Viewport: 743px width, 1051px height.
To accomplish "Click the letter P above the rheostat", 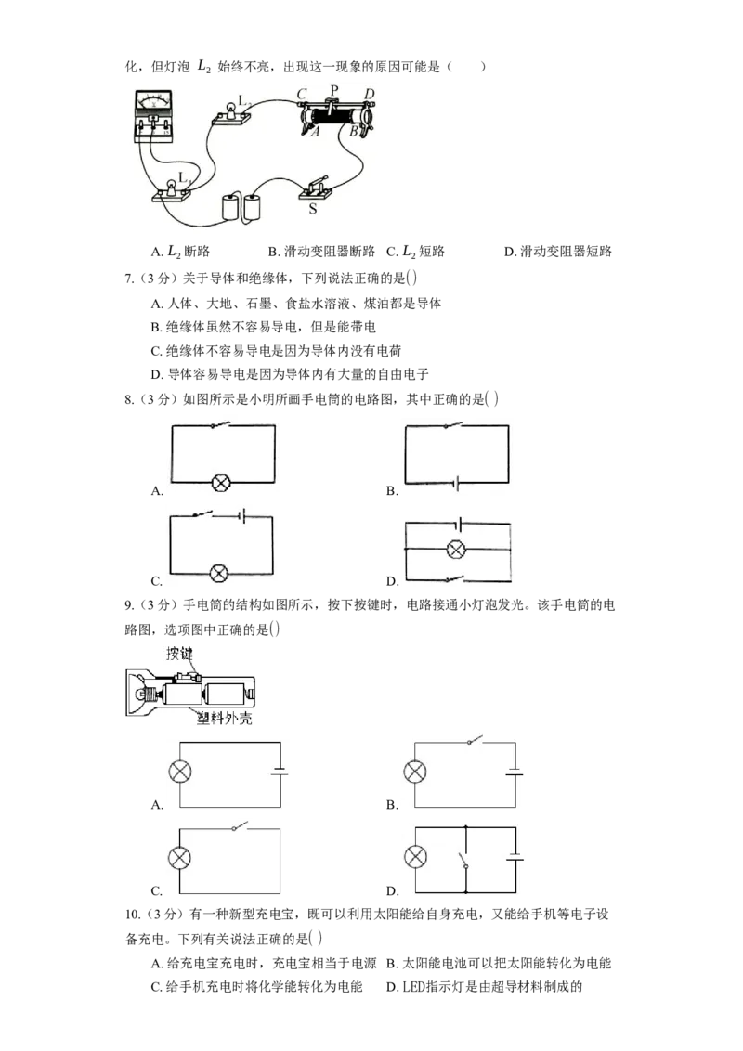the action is coord(334,90).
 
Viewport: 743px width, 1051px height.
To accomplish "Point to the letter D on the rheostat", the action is coord(369,94).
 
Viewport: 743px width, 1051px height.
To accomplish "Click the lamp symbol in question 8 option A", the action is coord(221,482).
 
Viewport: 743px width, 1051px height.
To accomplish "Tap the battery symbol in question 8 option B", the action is coord(457,483).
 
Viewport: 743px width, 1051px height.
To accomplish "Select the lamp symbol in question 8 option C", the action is coord(219,574).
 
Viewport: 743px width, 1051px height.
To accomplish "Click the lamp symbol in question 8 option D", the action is coord(456,550).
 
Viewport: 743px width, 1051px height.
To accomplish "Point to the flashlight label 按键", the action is coord(179,653).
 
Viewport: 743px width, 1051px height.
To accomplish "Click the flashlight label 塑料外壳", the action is coord(224,718).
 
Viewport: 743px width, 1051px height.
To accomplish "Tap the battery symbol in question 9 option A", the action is coord(280,772).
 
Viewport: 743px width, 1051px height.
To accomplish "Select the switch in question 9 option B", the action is coord(476,740).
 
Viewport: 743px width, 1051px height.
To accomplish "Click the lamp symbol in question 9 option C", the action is coord(179,858).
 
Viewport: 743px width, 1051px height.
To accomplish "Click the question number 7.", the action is coord(129,279).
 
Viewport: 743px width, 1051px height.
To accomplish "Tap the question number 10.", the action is coord(132,915).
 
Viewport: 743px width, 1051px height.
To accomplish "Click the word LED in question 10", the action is coord(414,987).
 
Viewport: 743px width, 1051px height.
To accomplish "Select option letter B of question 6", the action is coord(273,252).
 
